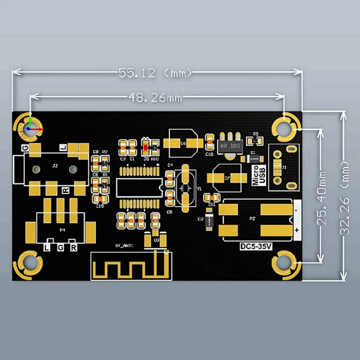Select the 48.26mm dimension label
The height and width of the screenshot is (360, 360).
point(155,96)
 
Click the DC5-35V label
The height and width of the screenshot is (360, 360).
point(255,246)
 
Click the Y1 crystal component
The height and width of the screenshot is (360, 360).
point(184,189)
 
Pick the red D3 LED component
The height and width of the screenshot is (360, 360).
point(146,145)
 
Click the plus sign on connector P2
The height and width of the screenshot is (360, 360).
point(297,230)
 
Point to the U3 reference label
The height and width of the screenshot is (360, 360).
point(156,240)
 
